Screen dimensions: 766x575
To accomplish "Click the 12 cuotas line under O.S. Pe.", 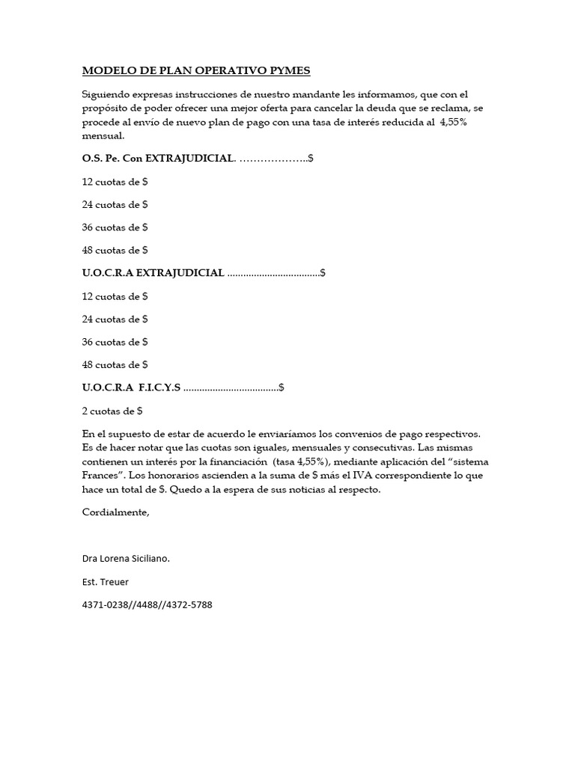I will point(115,182).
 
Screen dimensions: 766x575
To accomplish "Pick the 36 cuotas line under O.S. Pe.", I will point(115,227).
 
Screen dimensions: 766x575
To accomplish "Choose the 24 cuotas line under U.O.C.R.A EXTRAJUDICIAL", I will point(115,319).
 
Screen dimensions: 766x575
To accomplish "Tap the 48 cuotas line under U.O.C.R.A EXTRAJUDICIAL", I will point(115,365).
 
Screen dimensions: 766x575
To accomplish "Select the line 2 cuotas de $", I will point(112,411).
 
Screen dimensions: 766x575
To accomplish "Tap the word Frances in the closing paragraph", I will point(103,476).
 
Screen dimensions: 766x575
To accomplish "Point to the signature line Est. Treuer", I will point(106,581).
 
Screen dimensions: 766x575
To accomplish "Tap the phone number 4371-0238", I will point(105,604).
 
